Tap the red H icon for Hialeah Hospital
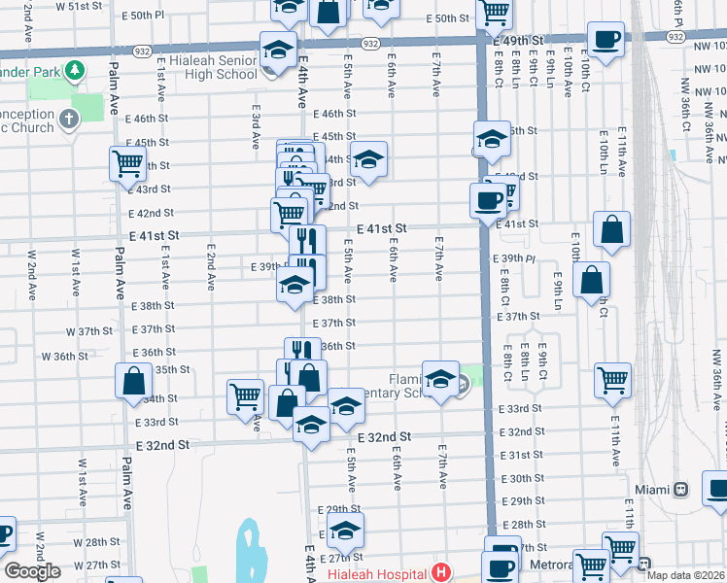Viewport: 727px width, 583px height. click(x=443, y=573)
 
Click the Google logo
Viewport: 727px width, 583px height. click(x=32, y=571)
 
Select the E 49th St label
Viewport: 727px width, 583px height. click(x=517, y=40)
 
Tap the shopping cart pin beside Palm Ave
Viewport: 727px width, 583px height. click(x=128, y=164)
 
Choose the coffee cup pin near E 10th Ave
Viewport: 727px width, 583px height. click(x=606, y=39)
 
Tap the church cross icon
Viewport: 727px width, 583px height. click(x=68, y=120)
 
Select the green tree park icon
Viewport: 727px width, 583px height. click(x=72, y=71)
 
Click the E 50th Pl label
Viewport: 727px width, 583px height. click(x=148, y=16)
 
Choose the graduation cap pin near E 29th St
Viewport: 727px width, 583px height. click(x=344, y=530)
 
